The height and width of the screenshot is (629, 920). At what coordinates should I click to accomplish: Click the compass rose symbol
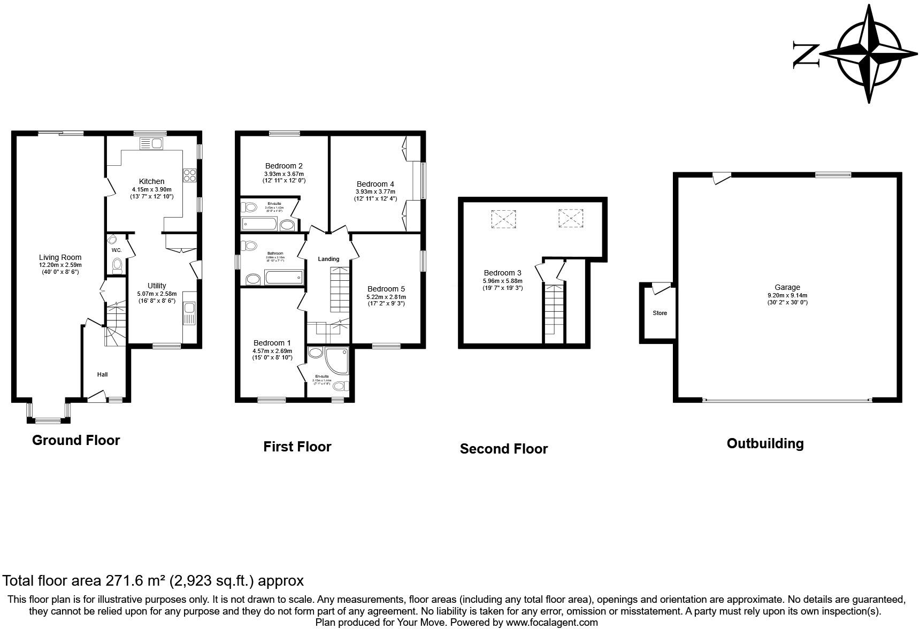click(x=869, y=53)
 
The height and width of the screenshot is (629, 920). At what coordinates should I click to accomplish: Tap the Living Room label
click(x=60, y=257)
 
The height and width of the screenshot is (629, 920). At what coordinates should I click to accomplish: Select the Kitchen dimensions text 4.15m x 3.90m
click(x=152, y=189)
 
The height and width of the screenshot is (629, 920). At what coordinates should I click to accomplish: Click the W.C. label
click(x=117, y=250)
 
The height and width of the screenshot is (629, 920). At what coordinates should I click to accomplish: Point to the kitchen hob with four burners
click(x=190, y=176)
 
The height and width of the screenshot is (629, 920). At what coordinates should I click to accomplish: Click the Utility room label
click(x=157, y=286)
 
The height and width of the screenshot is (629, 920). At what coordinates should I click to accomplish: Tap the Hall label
click(x=102, y=374)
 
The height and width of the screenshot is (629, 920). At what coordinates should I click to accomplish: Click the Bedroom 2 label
click(x=283, y=166)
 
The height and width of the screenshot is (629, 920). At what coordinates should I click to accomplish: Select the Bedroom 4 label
click(x=375, y=184)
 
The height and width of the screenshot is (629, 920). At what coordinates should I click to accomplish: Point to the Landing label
click(x=328, y=259)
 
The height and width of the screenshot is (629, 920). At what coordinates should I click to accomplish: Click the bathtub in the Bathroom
click(x=283, y=278)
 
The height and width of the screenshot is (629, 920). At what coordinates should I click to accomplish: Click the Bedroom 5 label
click(x=386, y=289)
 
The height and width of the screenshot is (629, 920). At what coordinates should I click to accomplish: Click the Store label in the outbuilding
click(x=660, y=313)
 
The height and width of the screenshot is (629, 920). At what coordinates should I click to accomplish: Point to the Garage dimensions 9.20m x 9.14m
click(x=787, y=295)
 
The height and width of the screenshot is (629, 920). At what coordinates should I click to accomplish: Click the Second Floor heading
click(x=503, y=449)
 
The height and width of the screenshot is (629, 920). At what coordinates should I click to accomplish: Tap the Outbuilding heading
click(x=765, y=443)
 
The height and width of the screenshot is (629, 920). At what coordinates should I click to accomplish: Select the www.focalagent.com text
click(x=551, y=623)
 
